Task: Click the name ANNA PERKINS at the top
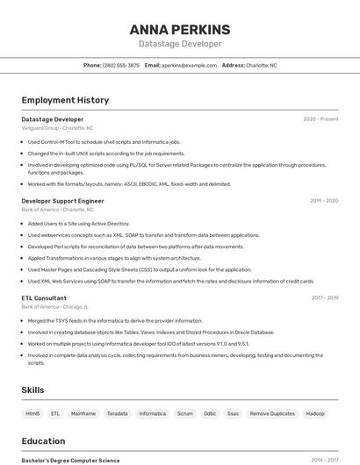coord(179,29)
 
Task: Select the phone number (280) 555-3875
coord(121,65)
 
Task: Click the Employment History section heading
coord(65,100)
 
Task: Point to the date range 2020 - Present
coord(320,119)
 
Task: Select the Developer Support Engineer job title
coord(62,201)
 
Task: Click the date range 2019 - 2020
coord(324,201)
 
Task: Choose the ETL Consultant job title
coord(44,297)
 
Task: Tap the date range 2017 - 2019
coord(325,297)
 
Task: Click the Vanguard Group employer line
coord(57,128)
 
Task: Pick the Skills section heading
coord(33,390)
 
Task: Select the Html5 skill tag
coord(32,413)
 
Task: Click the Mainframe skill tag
coord(83,413)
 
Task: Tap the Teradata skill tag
coord(117,413)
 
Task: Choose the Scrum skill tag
coord(184,413)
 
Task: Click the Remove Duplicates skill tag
coord(272,413)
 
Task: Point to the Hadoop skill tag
coord(315,413)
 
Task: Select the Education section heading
coord(43,441)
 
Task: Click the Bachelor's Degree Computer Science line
coord(70,460)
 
